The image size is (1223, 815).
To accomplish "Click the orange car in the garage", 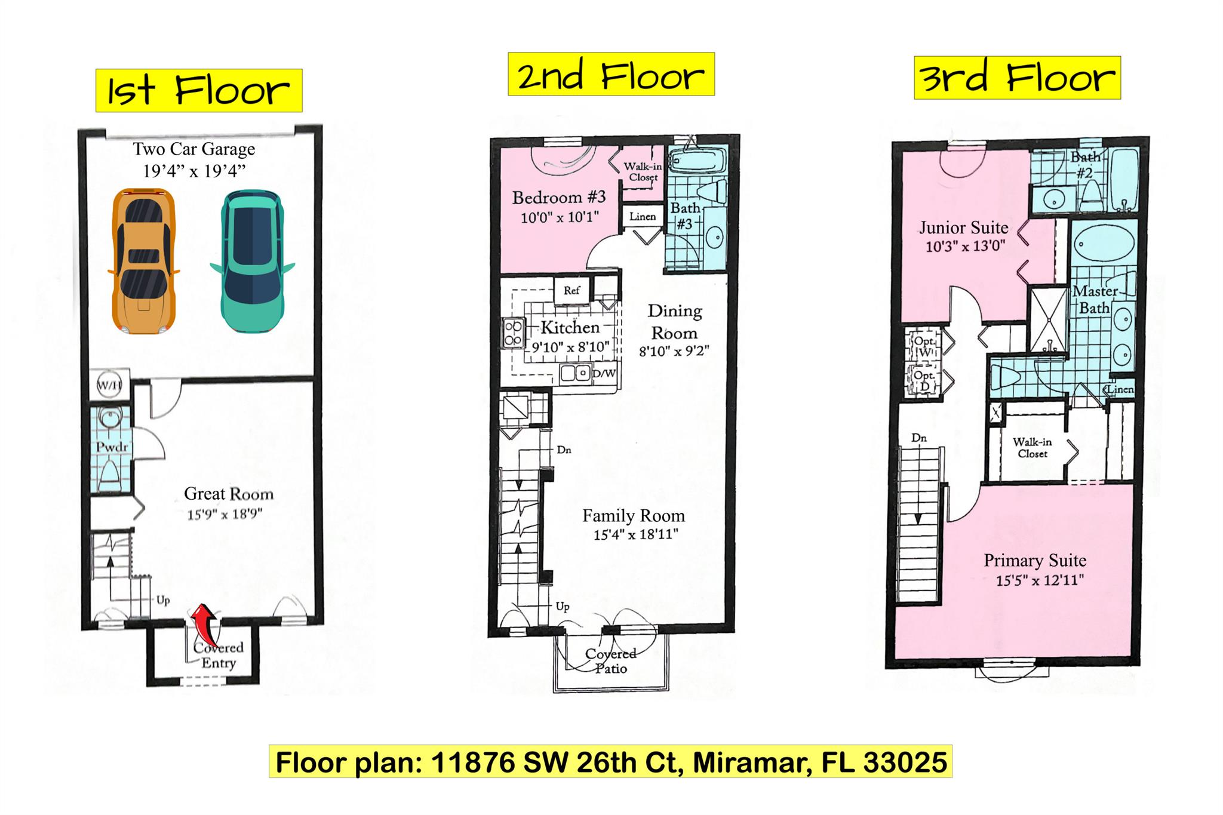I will pos(143,262).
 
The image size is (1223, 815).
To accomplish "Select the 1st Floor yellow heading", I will pos(199,91).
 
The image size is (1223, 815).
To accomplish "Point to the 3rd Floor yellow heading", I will pos(1017,78).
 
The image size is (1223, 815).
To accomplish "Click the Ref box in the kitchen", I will pos(571,290).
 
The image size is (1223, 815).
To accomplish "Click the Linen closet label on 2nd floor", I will pos(643,217).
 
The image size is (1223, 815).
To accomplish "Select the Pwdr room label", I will pos(112,447).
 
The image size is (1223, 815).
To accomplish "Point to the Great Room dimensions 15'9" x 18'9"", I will pos(225,513).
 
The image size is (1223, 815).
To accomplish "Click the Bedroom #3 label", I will pos(559,197).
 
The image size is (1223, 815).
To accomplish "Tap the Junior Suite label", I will pos(963,227).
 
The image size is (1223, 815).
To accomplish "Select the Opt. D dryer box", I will pos(924,380).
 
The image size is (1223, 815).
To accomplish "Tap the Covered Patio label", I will pos(610,660).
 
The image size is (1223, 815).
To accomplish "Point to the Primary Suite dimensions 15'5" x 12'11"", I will pos(1040,580).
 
